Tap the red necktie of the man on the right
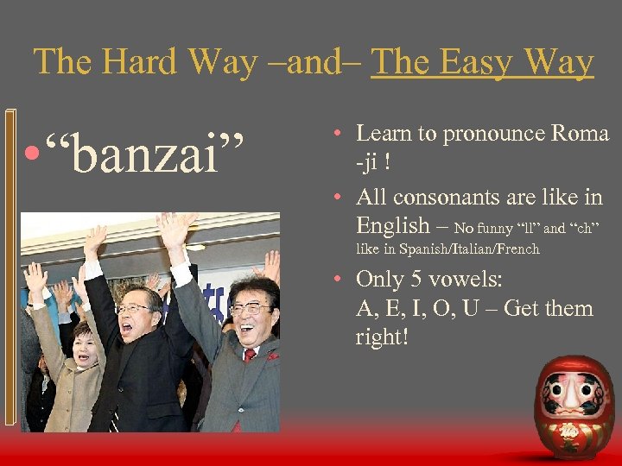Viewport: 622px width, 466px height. pos(250,355)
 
